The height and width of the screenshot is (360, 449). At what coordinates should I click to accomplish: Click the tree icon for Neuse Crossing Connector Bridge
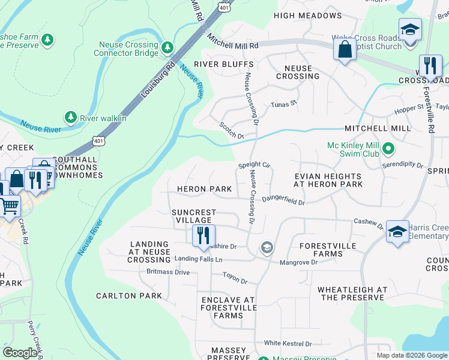tap(167, 46)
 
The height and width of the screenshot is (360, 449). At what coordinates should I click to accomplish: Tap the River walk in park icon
tap(71, 117)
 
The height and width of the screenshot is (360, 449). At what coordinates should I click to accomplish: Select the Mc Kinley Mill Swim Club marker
tap(388, 148)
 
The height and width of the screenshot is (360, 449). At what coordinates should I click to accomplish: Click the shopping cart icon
tap(9, 206)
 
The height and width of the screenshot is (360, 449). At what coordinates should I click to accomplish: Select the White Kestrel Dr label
tap(288, 344)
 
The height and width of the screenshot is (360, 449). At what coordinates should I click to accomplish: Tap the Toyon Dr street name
tap(235, 279)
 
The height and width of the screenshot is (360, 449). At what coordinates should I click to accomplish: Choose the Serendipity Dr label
tap(403, 164)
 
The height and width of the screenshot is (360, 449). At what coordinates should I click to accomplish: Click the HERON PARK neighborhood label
tap(204, 189)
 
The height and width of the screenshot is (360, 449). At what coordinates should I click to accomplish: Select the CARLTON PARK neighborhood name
tap(128, 296)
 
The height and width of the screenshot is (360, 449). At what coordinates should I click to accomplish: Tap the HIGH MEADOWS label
tap(307, 15)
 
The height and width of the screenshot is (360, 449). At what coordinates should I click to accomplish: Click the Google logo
tap(20, 352)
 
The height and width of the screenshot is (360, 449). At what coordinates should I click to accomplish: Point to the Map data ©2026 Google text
tap(411, 355)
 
